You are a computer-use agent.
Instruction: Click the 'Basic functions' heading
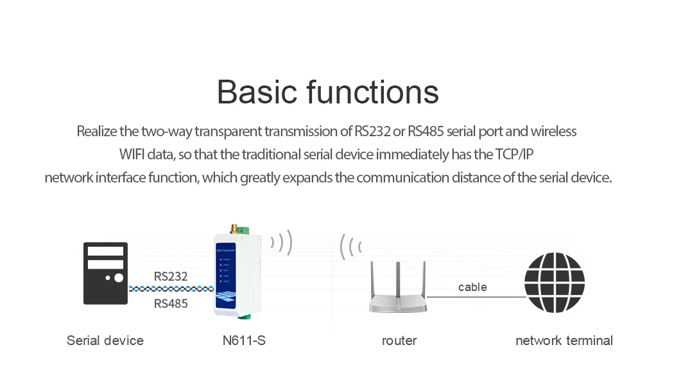pos(327,92)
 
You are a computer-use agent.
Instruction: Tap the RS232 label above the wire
pos(171,277)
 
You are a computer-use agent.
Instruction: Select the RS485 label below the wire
pos(171,303)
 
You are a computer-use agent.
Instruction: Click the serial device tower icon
pos(106,273)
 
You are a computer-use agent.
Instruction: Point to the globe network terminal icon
pos(555,283)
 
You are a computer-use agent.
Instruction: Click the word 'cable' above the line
pos(472,287)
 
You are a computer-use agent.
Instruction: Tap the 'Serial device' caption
pos(105,341)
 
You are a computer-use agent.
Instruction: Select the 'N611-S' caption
pos(239,341)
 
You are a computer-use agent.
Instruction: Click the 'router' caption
pos(399,341)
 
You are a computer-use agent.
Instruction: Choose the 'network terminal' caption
pos(564,341)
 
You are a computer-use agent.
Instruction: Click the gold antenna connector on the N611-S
pos(236,230)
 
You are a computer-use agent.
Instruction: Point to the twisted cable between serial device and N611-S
pos(171,290)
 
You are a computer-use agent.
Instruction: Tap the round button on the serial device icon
pos(119,278)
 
